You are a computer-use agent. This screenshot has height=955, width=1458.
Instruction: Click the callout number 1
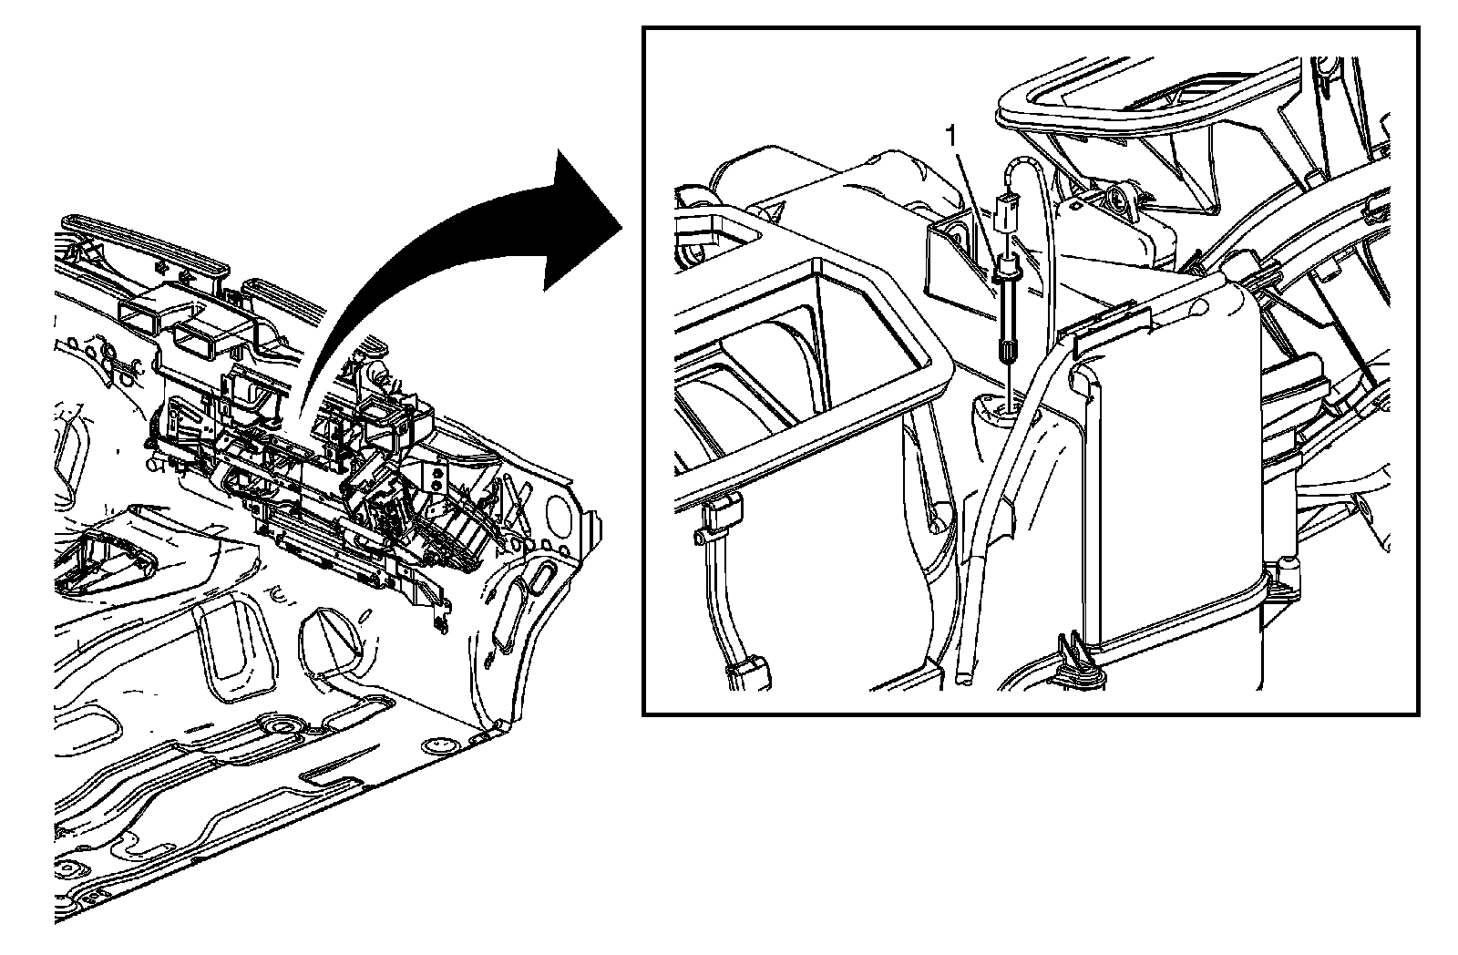pyautogui.click(x=951, y=138)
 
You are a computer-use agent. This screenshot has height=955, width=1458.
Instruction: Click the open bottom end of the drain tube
pyautogui.click(x=963, y=678)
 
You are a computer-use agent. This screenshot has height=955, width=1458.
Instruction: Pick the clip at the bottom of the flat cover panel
pyautogui.click(x=1082, y=658)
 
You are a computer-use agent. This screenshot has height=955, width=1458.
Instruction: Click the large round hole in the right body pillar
pyautogui.click(x=557, y=512)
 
